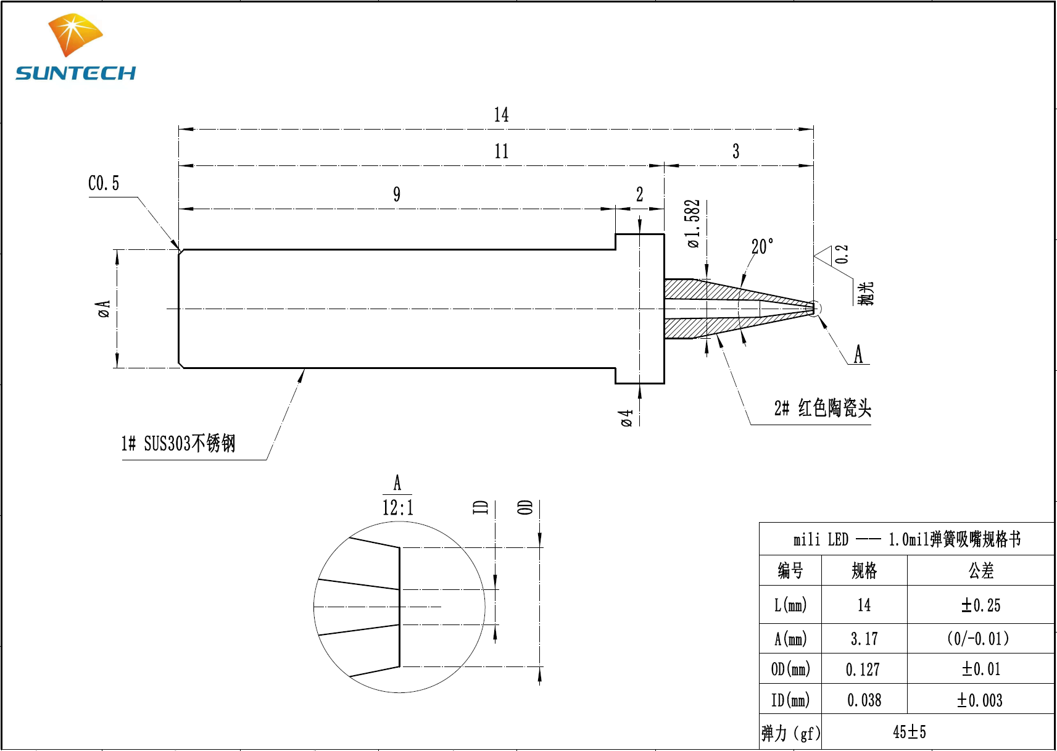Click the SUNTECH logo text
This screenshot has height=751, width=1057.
tap(75, 73)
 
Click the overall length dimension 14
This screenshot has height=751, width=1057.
tap(501, 115)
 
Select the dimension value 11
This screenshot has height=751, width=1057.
tap(501, 151)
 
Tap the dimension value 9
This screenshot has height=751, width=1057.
tap(397, 194)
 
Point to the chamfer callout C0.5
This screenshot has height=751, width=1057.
tap(104, 183)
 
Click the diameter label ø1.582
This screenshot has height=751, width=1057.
tap(694, 223)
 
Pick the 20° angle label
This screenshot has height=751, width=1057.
tap(762, 247)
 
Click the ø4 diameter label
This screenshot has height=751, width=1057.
tap(627, 418)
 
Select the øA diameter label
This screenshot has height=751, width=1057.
tap(104, 308)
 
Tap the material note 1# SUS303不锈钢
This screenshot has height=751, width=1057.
tap(178, 443)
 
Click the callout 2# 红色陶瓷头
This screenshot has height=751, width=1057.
tap(823, 408)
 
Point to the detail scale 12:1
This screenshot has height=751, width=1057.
tap(398, 508)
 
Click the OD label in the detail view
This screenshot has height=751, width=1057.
tap(525, 507)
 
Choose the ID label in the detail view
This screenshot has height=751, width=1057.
tap(481, 507)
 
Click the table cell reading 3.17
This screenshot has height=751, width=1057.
tap(864, 639)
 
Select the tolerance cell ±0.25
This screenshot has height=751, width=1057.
tap(980, 605)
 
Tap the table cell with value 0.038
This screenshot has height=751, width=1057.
tap(864, 700)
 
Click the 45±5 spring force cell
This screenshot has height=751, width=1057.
tap(910, 732)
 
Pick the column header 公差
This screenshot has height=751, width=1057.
tap(980, 571)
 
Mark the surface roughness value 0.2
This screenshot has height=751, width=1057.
tap(842, 254)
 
